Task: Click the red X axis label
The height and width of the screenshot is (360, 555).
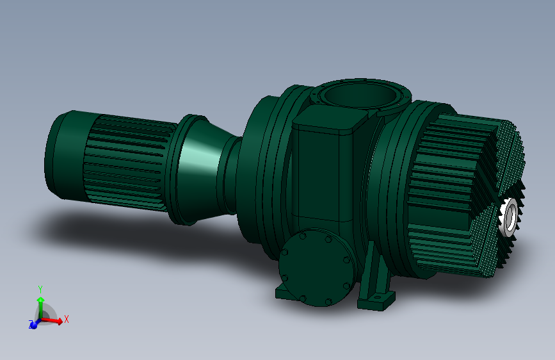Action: [x=66, y=319]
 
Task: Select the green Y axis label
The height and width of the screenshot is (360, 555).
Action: [x=40, y=290]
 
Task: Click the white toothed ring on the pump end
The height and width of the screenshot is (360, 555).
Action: [x=510, y=217]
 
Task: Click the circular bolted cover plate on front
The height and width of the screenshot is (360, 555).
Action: [x=317, y=267]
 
